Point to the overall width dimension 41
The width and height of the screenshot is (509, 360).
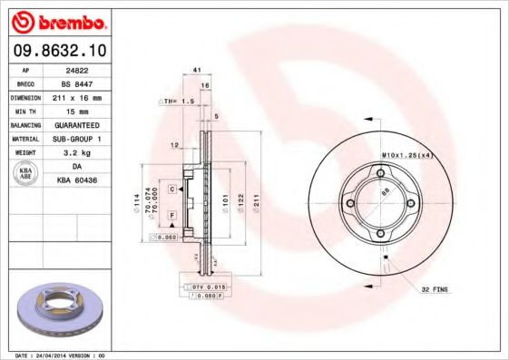(196, 70)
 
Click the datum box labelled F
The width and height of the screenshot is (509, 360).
(171, 214)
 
